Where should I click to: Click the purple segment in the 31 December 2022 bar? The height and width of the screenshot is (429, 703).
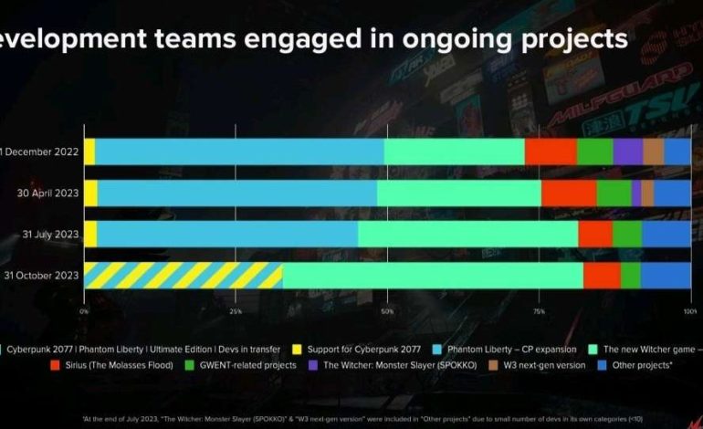tap(627, 152)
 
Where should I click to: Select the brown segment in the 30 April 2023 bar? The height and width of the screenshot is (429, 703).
tap(647, 193)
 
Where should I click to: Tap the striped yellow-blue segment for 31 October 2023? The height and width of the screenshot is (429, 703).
tap(183, 275)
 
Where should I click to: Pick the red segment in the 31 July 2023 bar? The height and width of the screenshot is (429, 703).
tap(595, 234)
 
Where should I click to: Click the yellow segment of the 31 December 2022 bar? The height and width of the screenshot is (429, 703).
tap(89, 152)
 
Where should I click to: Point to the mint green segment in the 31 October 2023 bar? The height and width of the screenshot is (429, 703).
tap(432, 275)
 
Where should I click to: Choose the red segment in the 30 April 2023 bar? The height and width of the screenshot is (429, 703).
tap(569, 193)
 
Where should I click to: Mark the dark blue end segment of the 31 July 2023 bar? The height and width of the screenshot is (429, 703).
tap(666, 234)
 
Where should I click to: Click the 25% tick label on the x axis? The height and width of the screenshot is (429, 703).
tap(236, 312)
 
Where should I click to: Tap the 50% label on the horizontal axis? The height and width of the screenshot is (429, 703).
tap(387, 312)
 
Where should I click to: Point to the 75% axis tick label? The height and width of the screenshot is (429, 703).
tap(539, 312)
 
